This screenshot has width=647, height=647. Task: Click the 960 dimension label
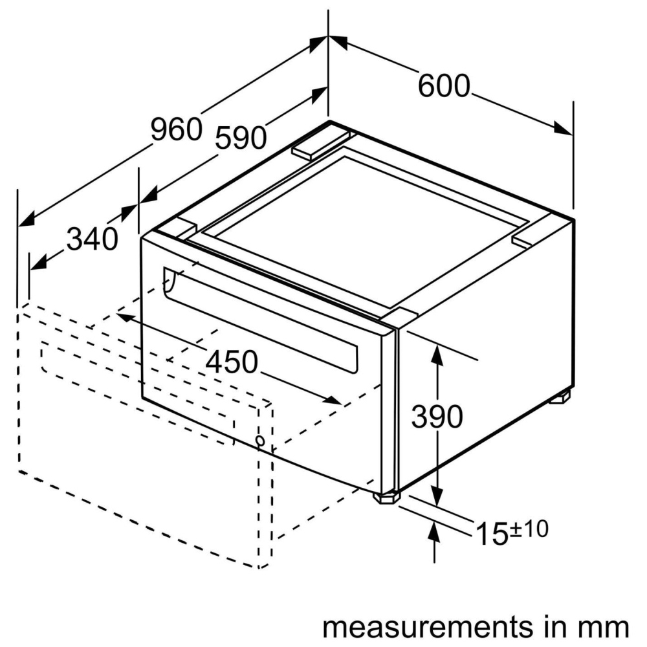[176, 129]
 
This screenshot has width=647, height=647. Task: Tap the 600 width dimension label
[444, 86]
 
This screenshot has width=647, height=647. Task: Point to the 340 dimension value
[93, 239]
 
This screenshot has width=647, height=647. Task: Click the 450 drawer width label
[232, 362]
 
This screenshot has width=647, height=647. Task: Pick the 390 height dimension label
[437, 416]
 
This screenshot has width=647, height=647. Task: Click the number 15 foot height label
[492, 534]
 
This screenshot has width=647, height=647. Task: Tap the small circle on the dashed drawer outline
[260, 441]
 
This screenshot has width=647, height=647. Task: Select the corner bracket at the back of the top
[321, 144]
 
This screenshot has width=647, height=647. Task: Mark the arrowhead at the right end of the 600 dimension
[564, 128]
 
